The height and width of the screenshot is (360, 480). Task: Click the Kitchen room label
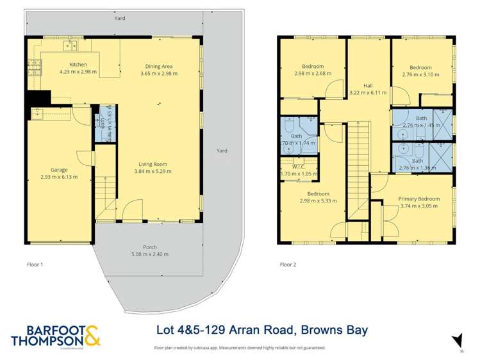pyautogui.click(x=78, y=65)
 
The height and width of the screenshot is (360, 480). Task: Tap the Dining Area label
pyautogui.click(x=158, y=66)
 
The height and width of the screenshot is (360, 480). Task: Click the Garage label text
pyautogui.click(x=60, y=170)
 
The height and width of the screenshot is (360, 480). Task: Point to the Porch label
pyautogui.click(x=149, y=247)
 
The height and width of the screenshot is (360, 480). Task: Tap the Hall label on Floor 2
pyautogui.click(x=368, y=85)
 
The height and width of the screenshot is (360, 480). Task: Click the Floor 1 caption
pyautogui.click(x=37, y=264)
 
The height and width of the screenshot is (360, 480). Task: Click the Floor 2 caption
pyautogui.click(x=288, y=264)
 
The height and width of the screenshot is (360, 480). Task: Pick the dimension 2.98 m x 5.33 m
pyautogui.click(x=319, y=201)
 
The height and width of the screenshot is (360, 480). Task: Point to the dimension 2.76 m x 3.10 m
pyautogui.click(x=421, y=75)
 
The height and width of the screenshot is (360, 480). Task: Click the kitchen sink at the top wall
pyautogui.click(x=70, y=45)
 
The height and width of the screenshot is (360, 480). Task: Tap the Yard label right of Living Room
pyautogui.click(x=222, y=151)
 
